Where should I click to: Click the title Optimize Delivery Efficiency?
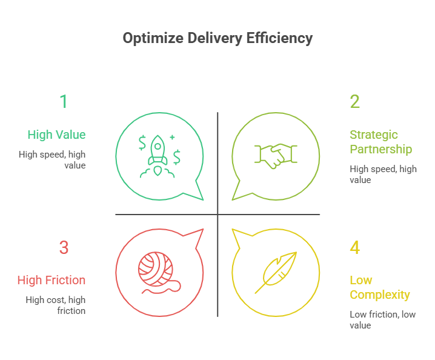tap(217, 38)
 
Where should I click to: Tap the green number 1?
tap(63, 101)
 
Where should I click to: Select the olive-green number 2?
tap(355, 101)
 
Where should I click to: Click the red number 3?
tap(64, 247)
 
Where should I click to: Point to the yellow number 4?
tap(355, 247)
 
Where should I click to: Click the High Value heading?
tap(56, 135)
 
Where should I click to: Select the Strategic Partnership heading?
tap(380, 142)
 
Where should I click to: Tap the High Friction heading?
tap(51, 280)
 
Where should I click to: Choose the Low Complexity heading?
tap(379, 287)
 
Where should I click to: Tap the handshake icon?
tap(276, 155)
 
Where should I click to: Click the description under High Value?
tap(52, 159)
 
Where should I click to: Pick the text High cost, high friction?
tap(55, 305)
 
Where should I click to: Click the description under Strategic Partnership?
tap(383, 174)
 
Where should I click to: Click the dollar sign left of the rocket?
tap(142, 143)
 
